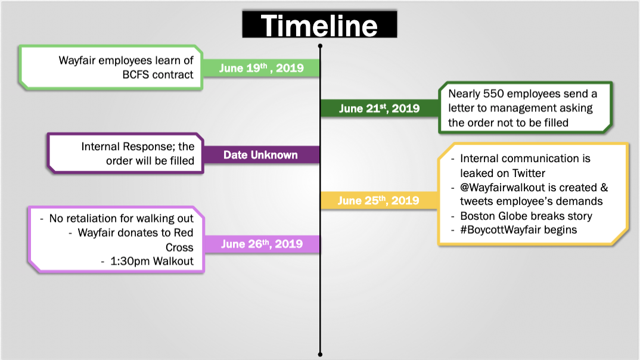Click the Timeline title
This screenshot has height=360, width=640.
pos(319,26)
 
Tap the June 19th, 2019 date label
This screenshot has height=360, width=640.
pos(261,68)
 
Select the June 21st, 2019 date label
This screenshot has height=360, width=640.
pos(379,108)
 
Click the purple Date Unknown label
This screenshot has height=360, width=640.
pos(260,155)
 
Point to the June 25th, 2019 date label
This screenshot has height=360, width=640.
pos(378,200)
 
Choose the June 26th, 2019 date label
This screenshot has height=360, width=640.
pos(262,244)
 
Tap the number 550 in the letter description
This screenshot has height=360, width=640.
pos(493,94)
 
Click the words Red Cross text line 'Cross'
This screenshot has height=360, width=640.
pos(179,247)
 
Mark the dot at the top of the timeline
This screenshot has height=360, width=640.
pos(320,46)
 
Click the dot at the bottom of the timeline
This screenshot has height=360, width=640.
pos(320,355)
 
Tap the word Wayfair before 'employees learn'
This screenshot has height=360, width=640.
pos(77,60)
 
